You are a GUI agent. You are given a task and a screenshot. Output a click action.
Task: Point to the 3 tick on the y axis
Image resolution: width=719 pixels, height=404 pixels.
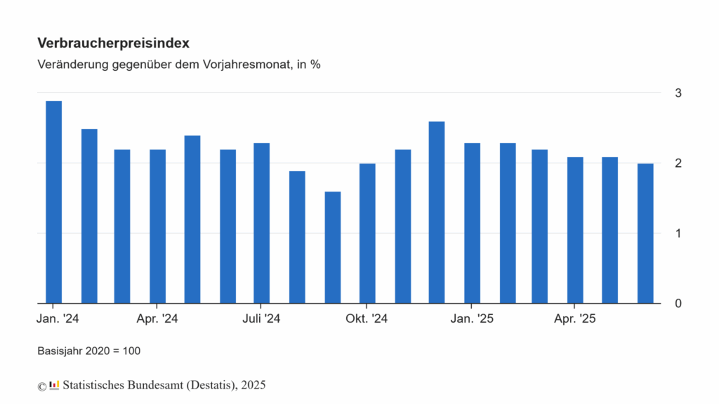[x=678, y=93]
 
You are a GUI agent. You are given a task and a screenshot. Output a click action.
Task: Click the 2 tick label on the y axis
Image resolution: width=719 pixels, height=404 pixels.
[x=678, y=163]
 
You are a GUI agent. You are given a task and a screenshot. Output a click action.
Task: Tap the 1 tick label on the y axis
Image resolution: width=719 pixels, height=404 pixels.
[x=678, y=233]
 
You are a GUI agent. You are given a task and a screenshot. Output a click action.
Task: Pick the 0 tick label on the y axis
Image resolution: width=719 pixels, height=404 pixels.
[x=678, y=304]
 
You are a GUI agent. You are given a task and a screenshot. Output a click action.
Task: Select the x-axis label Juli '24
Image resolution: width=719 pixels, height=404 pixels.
[x=261, y=319]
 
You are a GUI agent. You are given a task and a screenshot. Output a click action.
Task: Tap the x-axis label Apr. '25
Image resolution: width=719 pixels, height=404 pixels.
[x=575, y=319]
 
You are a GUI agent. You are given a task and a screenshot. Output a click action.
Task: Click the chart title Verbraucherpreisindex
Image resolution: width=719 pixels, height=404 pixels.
[x=113, y=43]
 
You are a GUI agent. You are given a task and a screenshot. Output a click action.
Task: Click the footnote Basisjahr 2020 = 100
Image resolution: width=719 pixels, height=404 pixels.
[x=88, y=350]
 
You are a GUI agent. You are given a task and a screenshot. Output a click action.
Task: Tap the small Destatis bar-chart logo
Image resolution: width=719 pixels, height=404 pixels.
[x=54, y=384]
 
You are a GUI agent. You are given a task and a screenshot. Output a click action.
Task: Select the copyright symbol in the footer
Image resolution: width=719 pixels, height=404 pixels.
[x=41, y=385]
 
